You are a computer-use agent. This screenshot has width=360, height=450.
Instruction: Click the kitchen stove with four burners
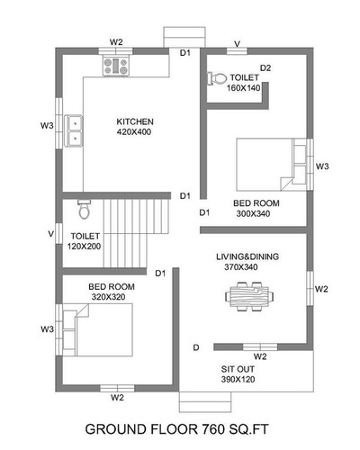[x=116, y=66]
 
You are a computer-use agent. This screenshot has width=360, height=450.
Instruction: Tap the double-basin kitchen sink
[x=74, y=130]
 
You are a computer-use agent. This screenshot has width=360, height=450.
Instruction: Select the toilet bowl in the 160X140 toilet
[x=217, y=78]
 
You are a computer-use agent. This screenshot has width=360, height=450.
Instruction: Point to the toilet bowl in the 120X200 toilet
[x=84, y=210]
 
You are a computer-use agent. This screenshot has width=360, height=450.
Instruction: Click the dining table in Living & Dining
[x=249, y=296]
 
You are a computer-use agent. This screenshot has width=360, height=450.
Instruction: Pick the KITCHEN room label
[x=135, y=121]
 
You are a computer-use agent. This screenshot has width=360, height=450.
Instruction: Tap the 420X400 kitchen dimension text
[x=134, y=132]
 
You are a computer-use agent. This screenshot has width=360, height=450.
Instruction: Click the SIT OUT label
[x=238, y=369]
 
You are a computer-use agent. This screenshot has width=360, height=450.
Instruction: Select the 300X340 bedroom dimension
[x=253, y=214]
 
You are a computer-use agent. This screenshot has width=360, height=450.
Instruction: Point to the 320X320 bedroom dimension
[x=109, y=297]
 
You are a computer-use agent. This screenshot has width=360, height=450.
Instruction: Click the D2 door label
[x=265, y=68]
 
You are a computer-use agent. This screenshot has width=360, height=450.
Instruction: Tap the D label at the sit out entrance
[x=196, y=347]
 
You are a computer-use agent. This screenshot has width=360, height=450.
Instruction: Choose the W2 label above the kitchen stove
[x=116, y=42]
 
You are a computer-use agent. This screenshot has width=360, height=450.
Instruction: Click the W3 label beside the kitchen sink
[x=47, y=125]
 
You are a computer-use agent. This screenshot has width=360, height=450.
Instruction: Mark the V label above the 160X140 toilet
[x=238, y=44]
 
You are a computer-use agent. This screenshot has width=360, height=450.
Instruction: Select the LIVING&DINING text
[x=247, y=256]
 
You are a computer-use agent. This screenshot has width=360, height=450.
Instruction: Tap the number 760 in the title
[x=212, y=429]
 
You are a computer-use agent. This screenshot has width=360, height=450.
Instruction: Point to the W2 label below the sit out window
[x=260, y=356]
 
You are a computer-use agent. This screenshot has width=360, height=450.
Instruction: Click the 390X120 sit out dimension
[x=238, y=379]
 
